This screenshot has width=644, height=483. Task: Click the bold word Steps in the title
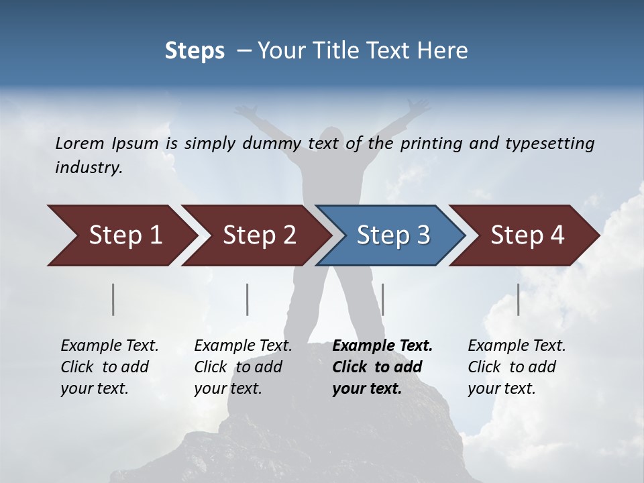(x=195, y=51)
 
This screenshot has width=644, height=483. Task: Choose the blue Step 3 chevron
(x=393, y=235)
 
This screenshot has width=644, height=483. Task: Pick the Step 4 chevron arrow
(x=527, y=235)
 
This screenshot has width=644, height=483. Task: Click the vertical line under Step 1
(x=113, y=299)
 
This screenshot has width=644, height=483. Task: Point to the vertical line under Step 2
(x=248, y=299)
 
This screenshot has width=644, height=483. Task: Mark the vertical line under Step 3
(x=382, y=299)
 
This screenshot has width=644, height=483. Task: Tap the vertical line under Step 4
(x=518, y=299)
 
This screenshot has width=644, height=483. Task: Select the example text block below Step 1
(x=109, y=367)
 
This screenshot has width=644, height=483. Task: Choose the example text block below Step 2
(x=243, y=367)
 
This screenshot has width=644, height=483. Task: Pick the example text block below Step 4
(x=517, y=367)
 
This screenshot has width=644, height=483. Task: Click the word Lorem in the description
(x=80, y=143)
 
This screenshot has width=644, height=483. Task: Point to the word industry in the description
(x=89, y=168)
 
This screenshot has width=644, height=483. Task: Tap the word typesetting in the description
(x=549, y=143)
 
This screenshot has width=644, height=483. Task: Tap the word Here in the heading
(x=445, y=51)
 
